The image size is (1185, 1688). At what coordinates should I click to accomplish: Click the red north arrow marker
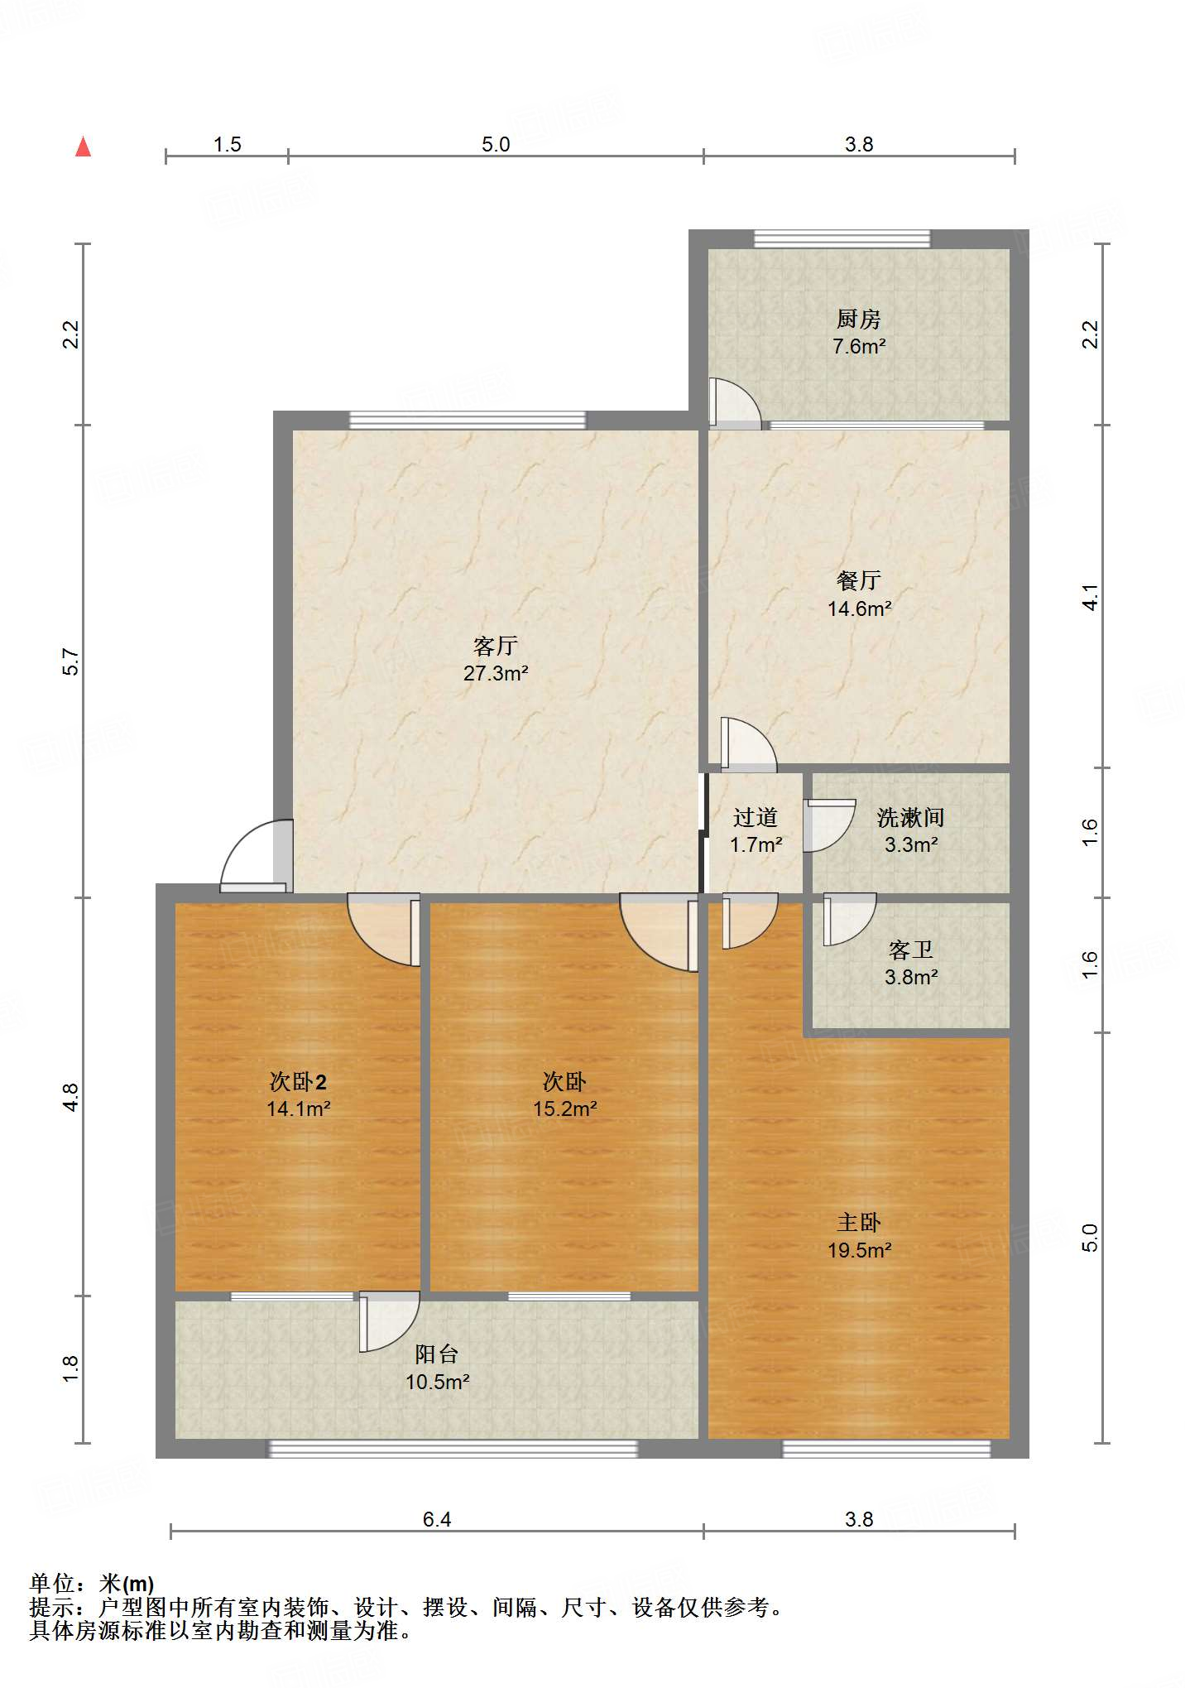tap(83, 147)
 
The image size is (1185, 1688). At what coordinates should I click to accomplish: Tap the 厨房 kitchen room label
tap(858, 319)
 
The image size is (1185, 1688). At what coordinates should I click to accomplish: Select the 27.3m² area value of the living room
tap(496, 673)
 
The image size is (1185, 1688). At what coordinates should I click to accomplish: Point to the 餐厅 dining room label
tap(858, 580)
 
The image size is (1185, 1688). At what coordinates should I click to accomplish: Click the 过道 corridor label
tap(755, 818)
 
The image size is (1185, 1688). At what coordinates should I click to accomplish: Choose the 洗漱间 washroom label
tap(910, 818)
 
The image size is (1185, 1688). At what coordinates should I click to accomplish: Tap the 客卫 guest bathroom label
tap(910, 950)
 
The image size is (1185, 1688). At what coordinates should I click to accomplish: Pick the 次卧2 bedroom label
tap(298, 1081)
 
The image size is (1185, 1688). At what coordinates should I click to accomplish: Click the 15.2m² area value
tap(565, 1109)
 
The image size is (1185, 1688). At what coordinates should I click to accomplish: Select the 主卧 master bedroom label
tap(858, 1222)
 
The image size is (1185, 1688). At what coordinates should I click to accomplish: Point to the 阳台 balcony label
tap(436, 1354)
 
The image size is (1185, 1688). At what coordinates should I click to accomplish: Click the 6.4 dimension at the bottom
tap(437, 1518)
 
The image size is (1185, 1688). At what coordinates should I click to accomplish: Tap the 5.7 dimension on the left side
tap(71, 661)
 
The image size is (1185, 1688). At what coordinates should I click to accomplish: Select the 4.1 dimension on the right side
tap(1091, 597)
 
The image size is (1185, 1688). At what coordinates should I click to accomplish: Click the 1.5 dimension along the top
tap(227, 144)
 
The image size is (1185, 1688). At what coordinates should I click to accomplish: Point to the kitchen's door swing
tap(735, 402)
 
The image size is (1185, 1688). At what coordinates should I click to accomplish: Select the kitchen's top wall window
tap(842, 239)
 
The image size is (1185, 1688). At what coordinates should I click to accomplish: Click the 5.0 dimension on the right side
tap(1091, 1238)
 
